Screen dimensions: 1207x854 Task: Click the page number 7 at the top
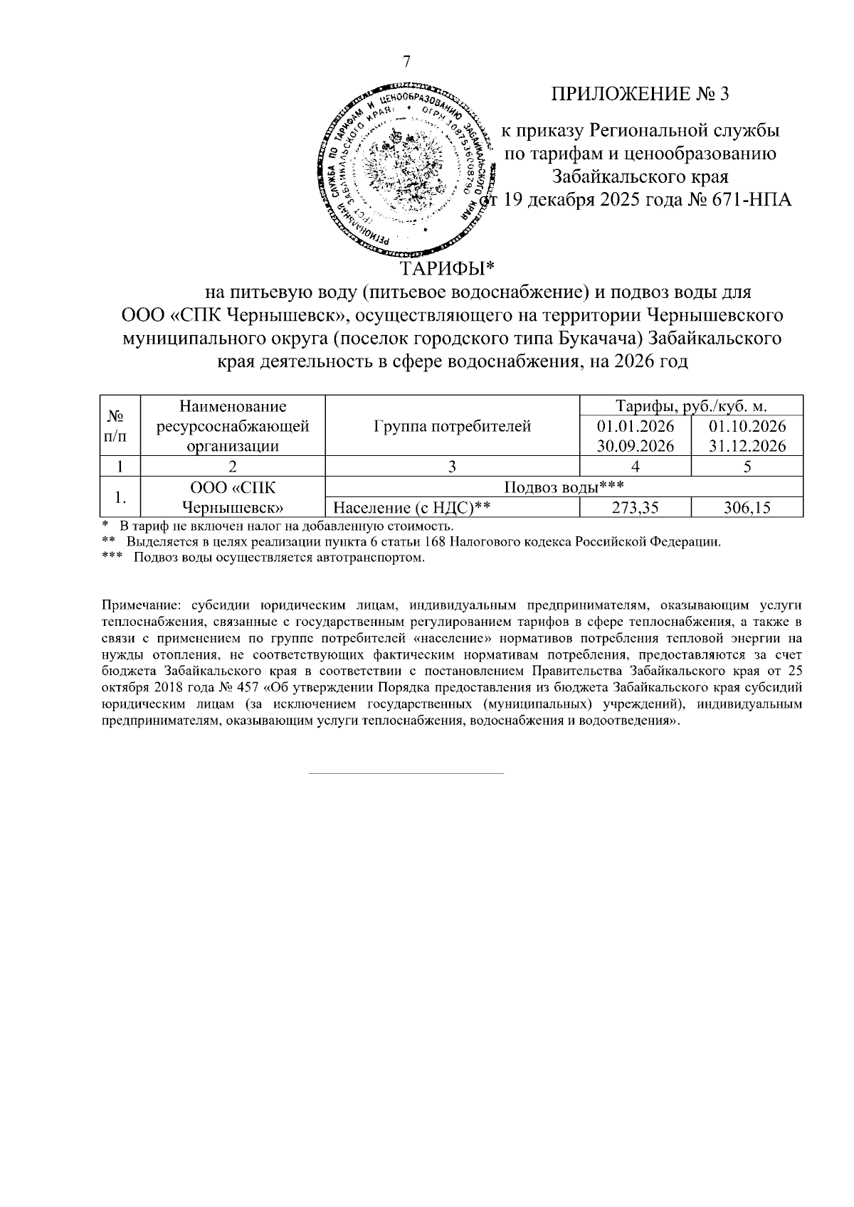407,62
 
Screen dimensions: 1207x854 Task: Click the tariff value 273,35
636,509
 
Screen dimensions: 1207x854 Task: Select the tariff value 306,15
747,509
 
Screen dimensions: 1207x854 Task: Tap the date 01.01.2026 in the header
636,427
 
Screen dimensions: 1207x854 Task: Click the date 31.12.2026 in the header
747,447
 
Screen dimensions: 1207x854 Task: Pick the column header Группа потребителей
452,427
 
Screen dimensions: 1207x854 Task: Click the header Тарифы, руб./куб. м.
691,406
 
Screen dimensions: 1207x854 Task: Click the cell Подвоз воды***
564,488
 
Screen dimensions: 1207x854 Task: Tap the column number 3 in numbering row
452,467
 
